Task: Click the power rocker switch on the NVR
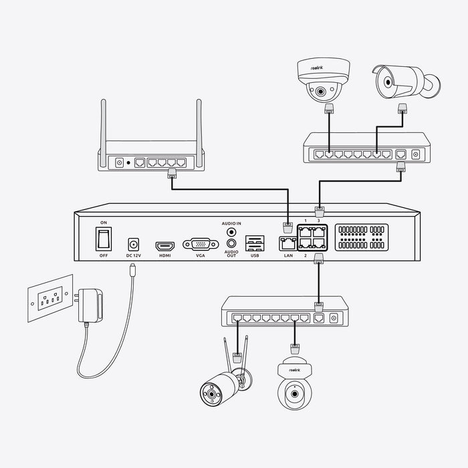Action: [x=103, y=239]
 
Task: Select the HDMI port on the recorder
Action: [x=164, y=245]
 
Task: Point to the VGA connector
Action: [x=199, y=245]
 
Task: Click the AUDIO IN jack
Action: [x=232, y=232]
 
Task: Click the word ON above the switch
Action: [x=103, y=222]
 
